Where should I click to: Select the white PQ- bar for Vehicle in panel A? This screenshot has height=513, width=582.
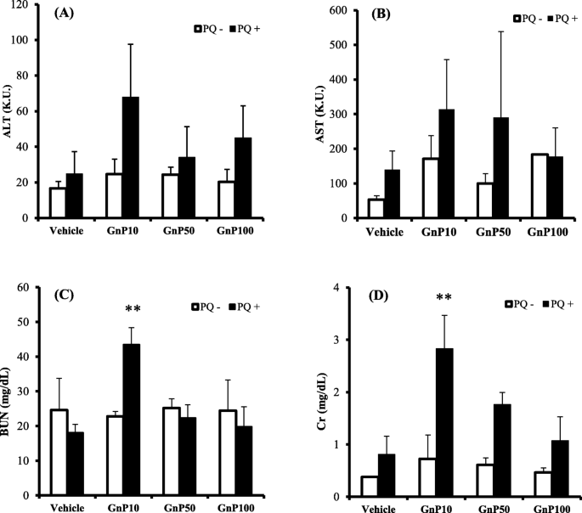(x=58, y=202)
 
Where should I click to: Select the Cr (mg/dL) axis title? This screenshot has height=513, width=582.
(x=302, y=391)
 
